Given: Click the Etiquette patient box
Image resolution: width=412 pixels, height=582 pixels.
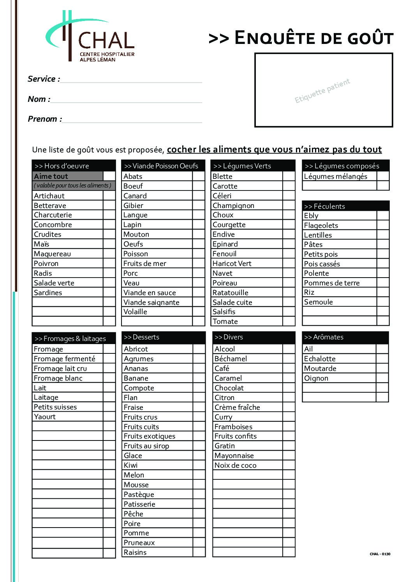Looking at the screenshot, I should click(323, 90).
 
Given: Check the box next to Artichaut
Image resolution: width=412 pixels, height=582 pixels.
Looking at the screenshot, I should click(109, 196).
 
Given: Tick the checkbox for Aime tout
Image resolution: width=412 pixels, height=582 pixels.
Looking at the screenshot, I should click(109, 176).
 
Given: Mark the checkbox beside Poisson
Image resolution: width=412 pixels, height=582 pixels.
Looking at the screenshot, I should click(199, 254).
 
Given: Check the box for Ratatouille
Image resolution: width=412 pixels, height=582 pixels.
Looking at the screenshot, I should click(289, 293).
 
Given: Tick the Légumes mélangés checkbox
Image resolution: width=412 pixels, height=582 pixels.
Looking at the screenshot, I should click(383, 176).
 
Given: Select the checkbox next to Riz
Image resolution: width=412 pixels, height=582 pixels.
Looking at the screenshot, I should click(383, 292).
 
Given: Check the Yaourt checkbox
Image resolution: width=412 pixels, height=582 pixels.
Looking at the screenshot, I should click(109, 417).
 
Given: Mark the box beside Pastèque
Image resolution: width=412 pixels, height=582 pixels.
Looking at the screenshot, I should click(199, 495).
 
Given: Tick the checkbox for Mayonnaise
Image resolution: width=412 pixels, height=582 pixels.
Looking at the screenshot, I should click(289, 456).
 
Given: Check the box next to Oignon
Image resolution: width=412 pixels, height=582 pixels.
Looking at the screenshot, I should click(382, 378).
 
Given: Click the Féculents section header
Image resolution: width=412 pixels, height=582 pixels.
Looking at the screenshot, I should click(345, 206).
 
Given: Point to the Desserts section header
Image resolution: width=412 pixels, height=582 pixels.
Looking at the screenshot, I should click(164, 337).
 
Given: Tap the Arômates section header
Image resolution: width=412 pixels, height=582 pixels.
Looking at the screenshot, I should click(345, 337).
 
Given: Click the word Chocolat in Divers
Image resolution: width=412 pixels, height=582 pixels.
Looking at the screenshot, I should click(229, 388).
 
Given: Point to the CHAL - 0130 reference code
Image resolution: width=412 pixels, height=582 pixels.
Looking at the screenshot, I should click(380, 554).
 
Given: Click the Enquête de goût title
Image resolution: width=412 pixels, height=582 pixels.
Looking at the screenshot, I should click(301, 38).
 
